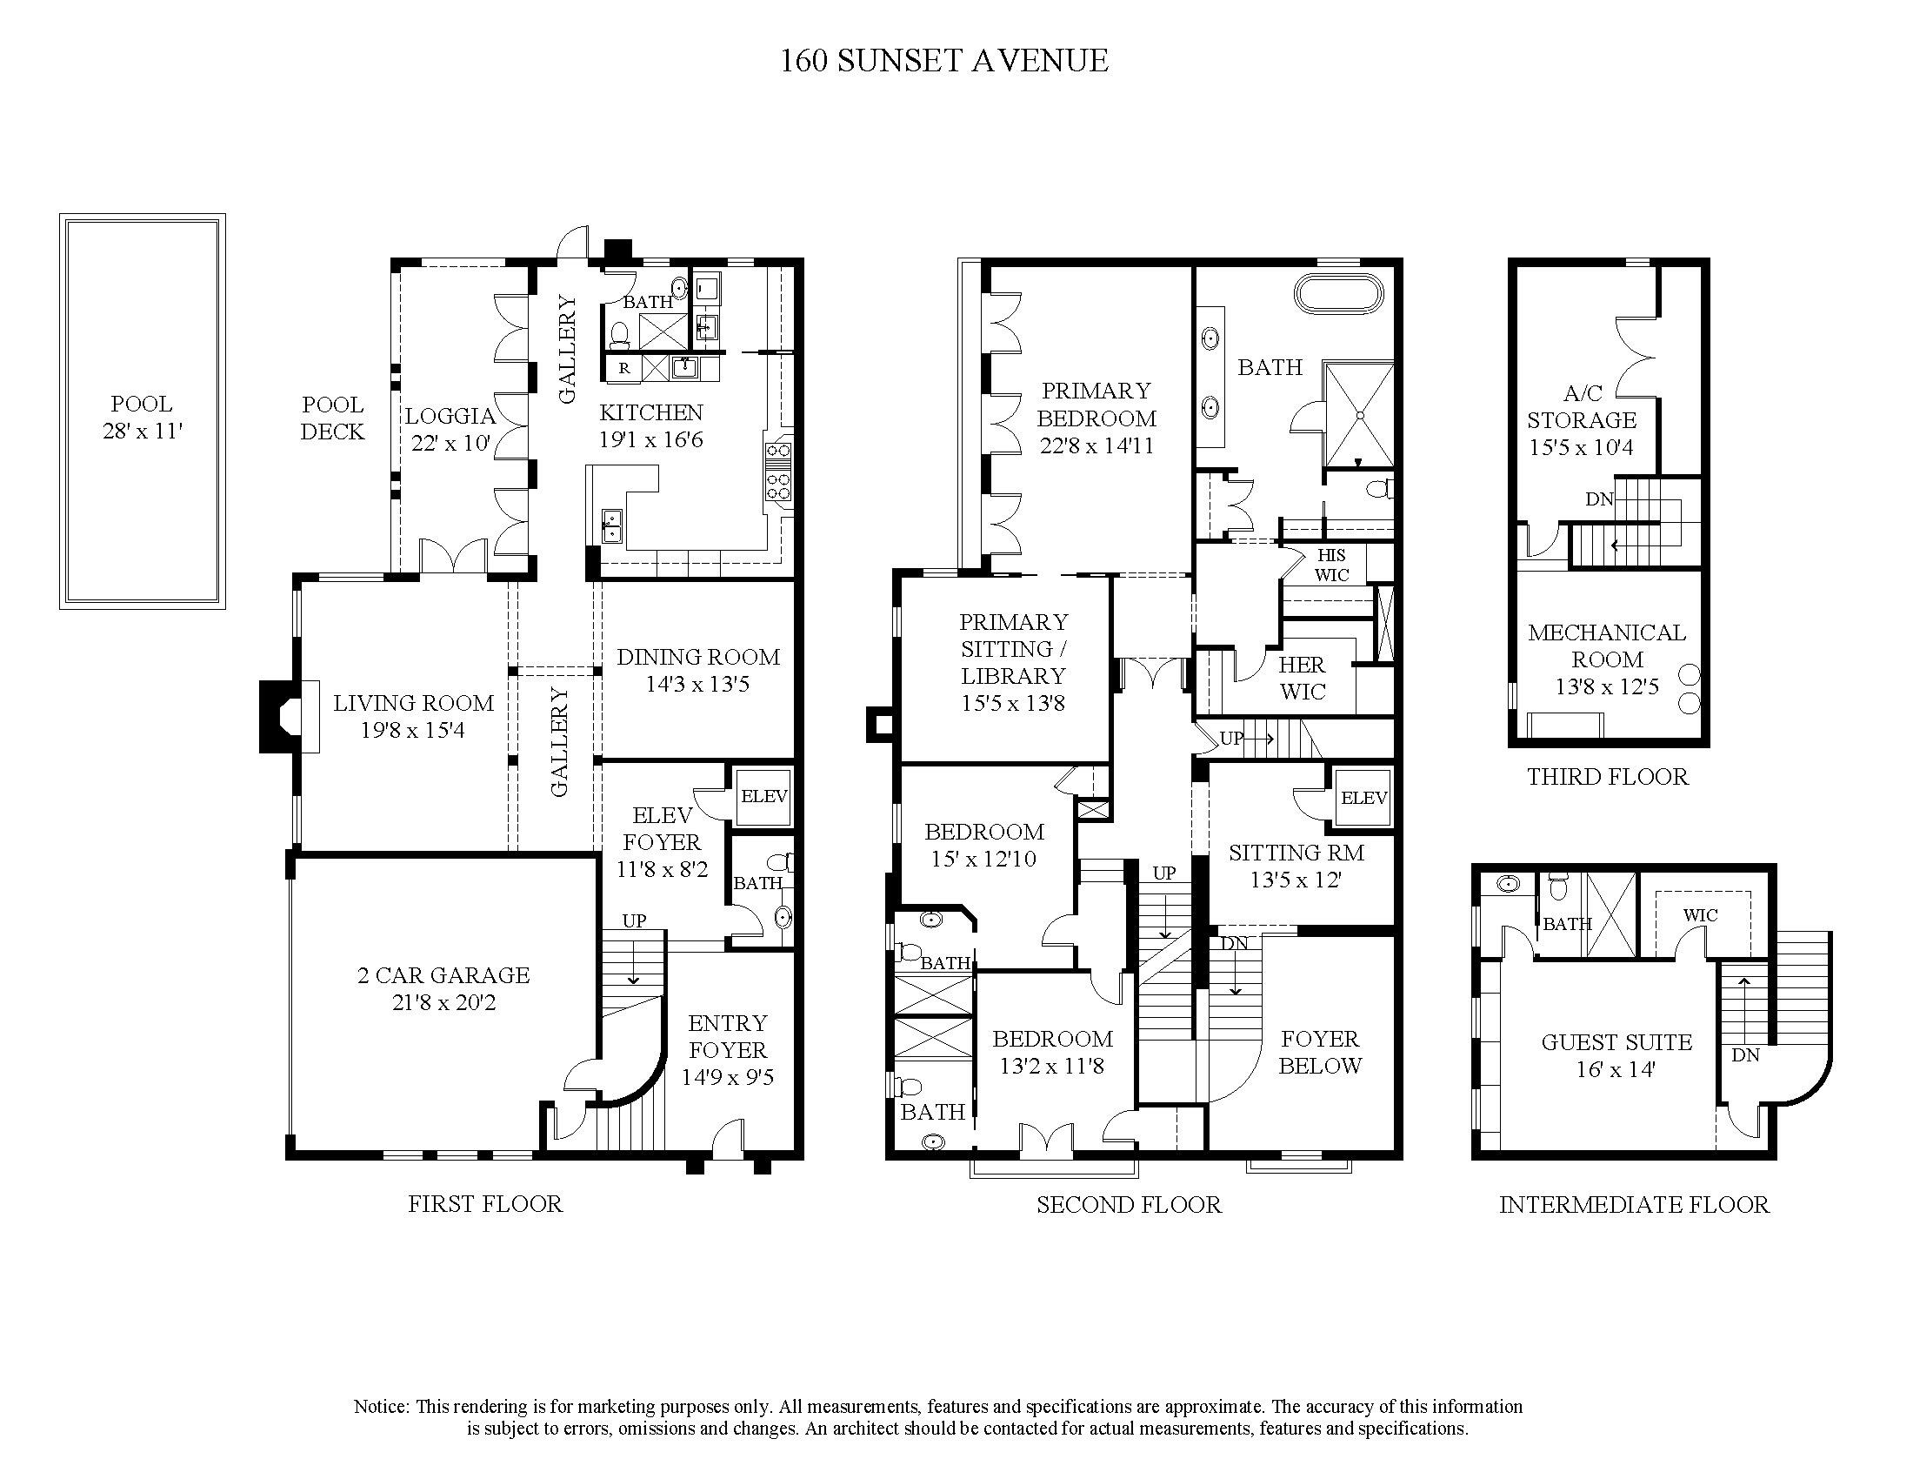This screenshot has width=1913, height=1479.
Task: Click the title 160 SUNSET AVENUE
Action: point(944,60)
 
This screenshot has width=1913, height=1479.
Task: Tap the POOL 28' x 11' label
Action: point(141,417)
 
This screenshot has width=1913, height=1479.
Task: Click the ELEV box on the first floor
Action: point(763,796)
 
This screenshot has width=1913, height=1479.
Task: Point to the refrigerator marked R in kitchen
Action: point(623,368)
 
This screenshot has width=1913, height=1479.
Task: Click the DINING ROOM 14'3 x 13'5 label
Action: point(697,670)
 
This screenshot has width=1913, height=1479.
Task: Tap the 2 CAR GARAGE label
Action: point(443,988)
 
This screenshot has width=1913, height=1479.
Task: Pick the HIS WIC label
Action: point(1330,565)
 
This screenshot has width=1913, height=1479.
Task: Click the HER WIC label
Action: point(1302,679)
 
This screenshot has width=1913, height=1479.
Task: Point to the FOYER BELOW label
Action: point(1319,1053)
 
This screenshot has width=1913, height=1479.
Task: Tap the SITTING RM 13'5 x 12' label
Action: point(1296,866)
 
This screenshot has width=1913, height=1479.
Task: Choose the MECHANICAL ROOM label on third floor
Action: point(1606,646)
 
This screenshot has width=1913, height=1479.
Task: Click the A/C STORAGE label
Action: point(1581,420)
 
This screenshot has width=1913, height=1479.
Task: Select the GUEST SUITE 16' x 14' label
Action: point(1616,1055)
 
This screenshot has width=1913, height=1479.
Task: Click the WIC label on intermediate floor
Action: point(1700,915)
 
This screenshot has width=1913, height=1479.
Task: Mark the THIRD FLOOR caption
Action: point(1607,777)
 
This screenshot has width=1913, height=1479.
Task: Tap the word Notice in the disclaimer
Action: point(380,1406)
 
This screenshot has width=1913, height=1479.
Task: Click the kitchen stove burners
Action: point(778,470)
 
